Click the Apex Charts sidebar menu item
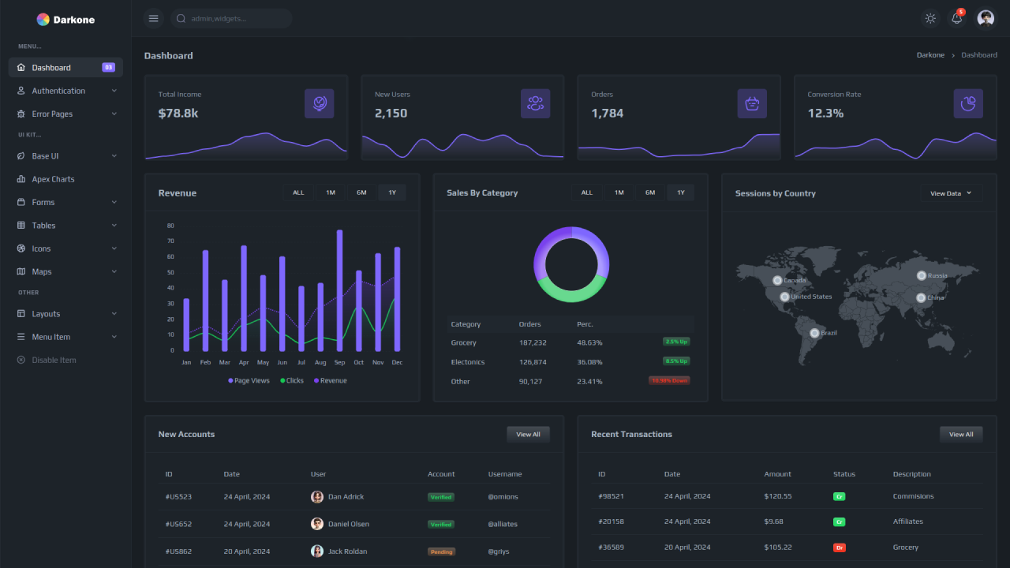53,179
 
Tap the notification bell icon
957,18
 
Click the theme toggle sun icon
930,18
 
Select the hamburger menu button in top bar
154,18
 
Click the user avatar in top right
986,18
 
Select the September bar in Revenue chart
339,290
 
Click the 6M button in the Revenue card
361,192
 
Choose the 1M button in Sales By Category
619,192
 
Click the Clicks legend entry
291,380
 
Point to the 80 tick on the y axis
170,226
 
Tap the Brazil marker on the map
815,333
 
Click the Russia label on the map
937,275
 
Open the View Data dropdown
951,193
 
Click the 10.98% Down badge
668,380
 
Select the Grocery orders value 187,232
533,342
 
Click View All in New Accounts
528,434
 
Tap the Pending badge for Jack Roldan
441,551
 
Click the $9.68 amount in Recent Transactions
773,521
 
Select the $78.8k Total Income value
178,113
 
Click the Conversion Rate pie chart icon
968,103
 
